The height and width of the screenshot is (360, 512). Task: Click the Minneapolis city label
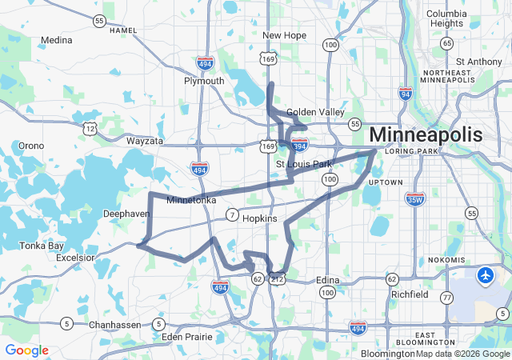click(x=426, y=134)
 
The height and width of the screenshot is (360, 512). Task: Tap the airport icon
click(x=485, y=276)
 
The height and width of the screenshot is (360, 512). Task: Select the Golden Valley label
click(x=314, y=112)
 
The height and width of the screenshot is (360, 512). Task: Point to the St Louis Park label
click(x=303, y=165)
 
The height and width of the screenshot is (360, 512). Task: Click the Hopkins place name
click(x=259, y=218)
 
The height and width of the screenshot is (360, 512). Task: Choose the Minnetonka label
click(x=190, y=201)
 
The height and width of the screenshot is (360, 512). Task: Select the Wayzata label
click(x=145, y=141)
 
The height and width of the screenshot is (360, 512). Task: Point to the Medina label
click(x=56, y=39)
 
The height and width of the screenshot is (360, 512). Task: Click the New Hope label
click(x=283, y=35)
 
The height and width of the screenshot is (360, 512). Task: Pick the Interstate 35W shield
click(x=414, y=198)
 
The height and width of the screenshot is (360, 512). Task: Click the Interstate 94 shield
click(x=406, y=95)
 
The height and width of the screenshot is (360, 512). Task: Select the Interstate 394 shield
click(x=299, y=146)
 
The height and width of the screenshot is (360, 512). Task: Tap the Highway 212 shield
click(x=278, y=279)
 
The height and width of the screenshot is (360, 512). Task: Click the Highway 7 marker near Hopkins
click(x=231, y=214)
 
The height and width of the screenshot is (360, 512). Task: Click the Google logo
click(x=26, y=350)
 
